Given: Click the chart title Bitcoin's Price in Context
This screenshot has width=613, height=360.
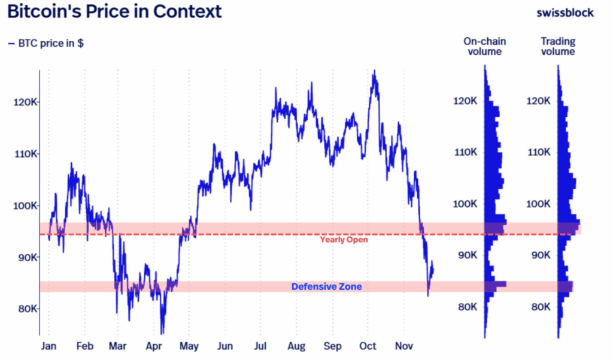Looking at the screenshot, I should [114, 11].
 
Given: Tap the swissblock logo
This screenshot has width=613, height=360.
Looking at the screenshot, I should [565, 12].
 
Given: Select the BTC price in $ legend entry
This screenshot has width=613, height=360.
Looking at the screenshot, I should [46, 44].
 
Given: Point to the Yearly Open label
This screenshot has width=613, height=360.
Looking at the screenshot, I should [344, 240].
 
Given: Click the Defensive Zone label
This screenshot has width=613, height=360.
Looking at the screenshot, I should [326, 287].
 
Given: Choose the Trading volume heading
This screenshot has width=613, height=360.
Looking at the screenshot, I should [558, 46].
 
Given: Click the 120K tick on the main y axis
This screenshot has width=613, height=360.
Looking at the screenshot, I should [26, 102].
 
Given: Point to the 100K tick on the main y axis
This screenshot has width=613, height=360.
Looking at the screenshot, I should [26, 206].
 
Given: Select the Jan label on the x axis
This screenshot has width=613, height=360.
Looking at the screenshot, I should [48, 346].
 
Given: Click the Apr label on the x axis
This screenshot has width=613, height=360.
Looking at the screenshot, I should [154, 346].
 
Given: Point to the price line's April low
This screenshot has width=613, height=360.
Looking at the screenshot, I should [162, 333].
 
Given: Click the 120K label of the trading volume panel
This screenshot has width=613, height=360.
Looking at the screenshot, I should [537, 101].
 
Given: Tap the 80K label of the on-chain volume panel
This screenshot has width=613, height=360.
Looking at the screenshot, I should [465, 307].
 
